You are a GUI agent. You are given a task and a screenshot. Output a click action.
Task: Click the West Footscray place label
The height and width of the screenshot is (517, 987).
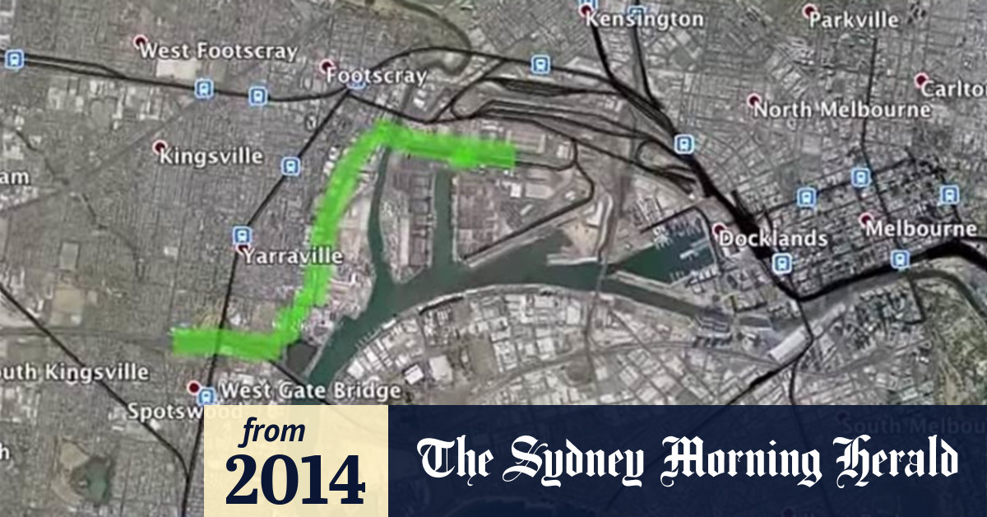click(218, 51)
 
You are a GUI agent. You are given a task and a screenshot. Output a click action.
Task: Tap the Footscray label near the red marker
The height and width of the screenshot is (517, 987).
click(377, 77)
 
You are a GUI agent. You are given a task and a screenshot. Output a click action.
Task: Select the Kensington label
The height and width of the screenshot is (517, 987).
click(645, 19)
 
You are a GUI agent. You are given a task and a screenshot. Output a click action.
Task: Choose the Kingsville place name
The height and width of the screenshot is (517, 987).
click(211, 156)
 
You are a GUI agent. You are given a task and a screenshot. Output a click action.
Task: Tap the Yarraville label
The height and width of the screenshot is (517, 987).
click(292, 256)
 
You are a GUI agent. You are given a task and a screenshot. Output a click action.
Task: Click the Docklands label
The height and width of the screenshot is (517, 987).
click(773, 239)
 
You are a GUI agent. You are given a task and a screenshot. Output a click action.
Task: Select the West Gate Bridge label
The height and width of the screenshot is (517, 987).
click(311, 390)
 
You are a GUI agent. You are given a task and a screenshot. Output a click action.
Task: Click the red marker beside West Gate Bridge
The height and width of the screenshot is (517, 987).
click(194, 387)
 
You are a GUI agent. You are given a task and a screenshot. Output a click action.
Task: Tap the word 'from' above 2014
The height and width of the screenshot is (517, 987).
click(272, 431)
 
